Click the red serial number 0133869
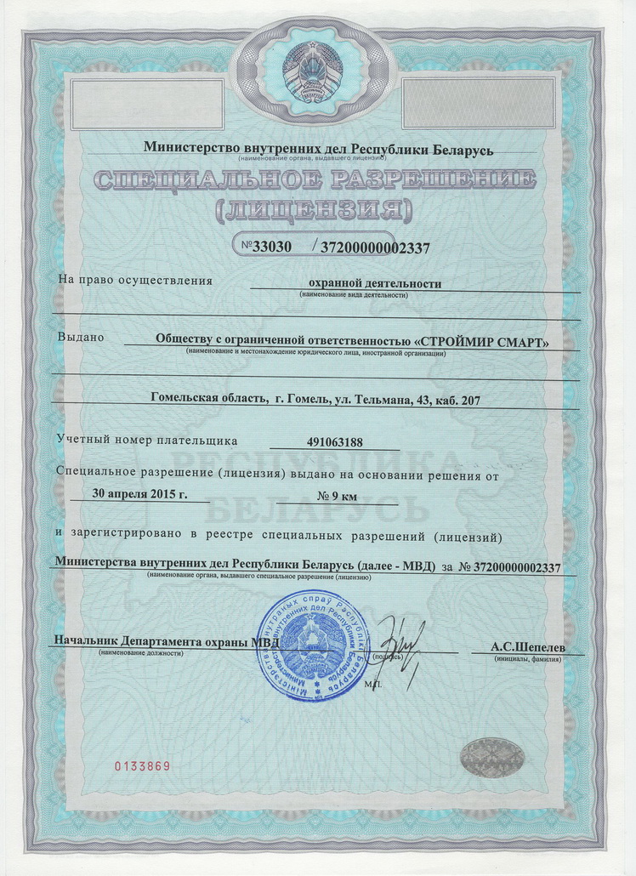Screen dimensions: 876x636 (x=144, y=766)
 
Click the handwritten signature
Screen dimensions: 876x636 (x=400, y=646)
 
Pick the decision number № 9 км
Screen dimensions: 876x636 (x=337, y=496)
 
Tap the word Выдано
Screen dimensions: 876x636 (x=80, y=338)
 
